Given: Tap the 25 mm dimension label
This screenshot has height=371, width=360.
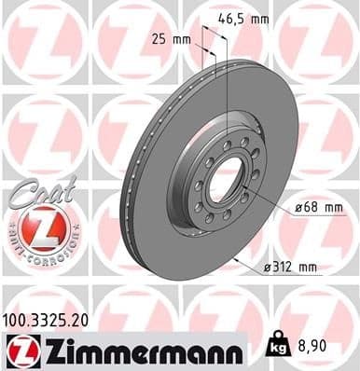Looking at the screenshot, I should point(169,39).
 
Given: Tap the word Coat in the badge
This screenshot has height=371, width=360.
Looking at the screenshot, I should point(35,191).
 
